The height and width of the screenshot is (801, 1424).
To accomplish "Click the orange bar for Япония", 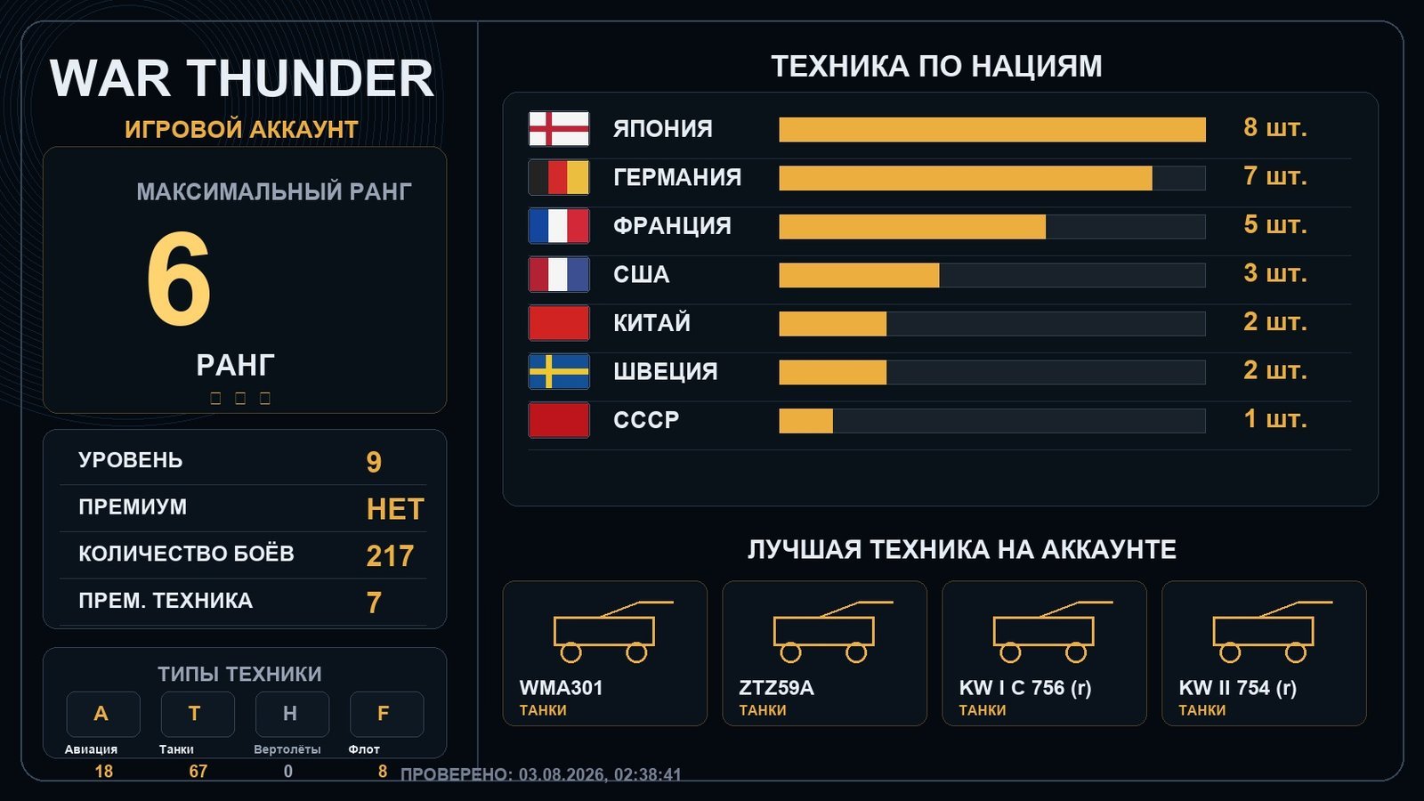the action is point(991,130).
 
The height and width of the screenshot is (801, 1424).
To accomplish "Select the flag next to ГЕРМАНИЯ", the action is point(559,177).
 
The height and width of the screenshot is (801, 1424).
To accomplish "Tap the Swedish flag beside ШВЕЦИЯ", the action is point(559,371).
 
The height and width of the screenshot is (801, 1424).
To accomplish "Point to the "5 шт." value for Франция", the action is point(1274,225).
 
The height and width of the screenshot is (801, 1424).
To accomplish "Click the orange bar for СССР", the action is point(806,421).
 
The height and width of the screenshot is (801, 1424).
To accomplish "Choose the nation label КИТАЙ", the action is point(651,323).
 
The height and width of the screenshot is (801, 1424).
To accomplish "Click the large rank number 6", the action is point(179,279).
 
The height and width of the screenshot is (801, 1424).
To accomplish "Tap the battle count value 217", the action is point(390,556).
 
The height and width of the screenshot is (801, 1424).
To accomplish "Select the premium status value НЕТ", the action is point(395,509).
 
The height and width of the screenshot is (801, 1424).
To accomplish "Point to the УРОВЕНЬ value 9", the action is point(374,462).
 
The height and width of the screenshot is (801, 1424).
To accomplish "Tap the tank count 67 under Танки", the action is point(198,772).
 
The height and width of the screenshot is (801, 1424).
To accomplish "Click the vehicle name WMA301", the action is point(561,688).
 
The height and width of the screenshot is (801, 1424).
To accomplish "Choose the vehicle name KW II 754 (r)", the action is point(1238,688).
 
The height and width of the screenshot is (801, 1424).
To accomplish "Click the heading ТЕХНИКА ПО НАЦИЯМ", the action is point(936,67).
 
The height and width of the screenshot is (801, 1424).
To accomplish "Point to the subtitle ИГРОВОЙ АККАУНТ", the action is point(241,130).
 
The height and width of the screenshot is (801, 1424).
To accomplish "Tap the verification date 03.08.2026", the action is point(562,775).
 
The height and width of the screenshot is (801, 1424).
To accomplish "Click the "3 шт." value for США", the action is point(1274,273).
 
